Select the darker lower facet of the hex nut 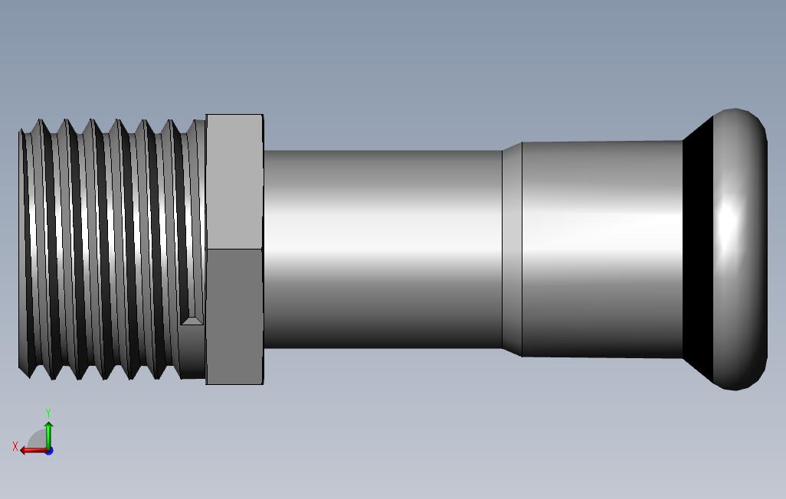pyautogui.click(x=234, y=315)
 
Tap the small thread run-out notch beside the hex pyautogui.click(x=192, y=319)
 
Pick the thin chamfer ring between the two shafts pyautogui.click(x=512, y=249)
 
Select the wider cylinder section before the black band pyautogui.click(x=601, y=249)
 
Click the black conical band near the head pyautogui.click(x=697, y=249)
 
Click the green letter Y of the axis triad pyautogui.click(x=48, y=413)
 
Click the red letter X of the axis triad pyautogui.click(x=15, y=446)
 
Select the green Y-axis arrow pyautogui.click(x=48, y=433)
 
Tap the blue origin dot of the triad pyautogui.click(x=48, y=451)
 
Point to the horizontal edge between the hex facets pyautogui.click(x=234, y=249)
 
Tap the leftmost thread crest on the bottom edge pyautogui.click(x=31, y=376)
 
